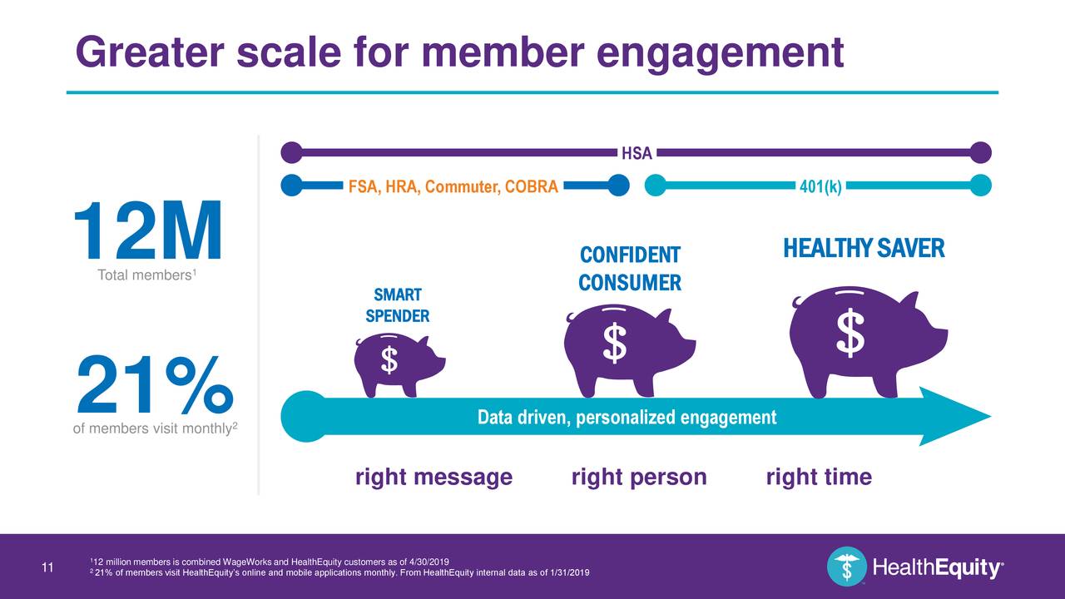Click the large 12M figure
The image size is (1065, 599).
tap(148, 232)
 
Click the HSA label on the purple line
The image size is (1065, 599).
tap(637, 153)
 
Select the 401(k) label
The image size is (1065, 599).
tap(820, 186)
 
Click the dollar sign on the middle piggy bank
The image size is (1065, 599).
tap(614, 344)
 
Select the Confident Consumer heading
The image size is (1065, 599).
tap(630, 269)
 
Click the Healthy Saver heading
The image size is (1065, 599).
tap(864, 248)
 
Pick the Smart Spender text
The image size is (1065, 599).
tap(398, 305)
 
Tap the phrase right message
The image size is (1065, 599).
tap(433, 478)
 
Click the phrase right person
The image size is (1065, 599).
tap(639, 478)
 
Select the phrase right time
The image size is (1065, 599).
tap(819, 478)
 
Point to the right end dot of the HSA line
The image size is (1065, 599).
tap(981, 153)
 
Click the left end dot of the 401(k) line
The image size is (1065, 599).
tap(656, 186)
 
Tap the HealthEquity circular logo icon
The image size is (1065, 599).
tap(846, 567)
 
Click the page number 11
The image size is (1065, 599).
tap(47, 568)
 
